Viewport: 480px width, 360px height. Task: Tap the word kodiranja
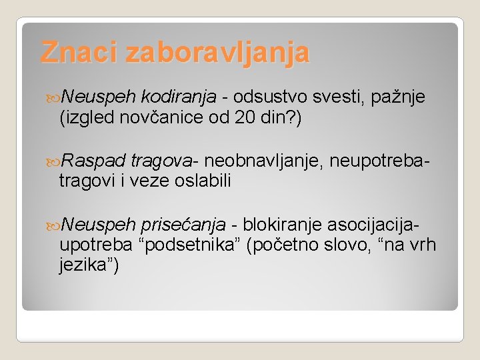[179, 99]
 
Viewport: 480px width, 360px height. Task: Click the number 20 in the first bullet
[244, 119]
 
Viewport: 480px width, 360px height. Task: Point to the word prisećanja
[179, 225]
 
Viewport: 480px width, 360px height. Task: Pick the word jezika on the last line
[85, 265]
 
